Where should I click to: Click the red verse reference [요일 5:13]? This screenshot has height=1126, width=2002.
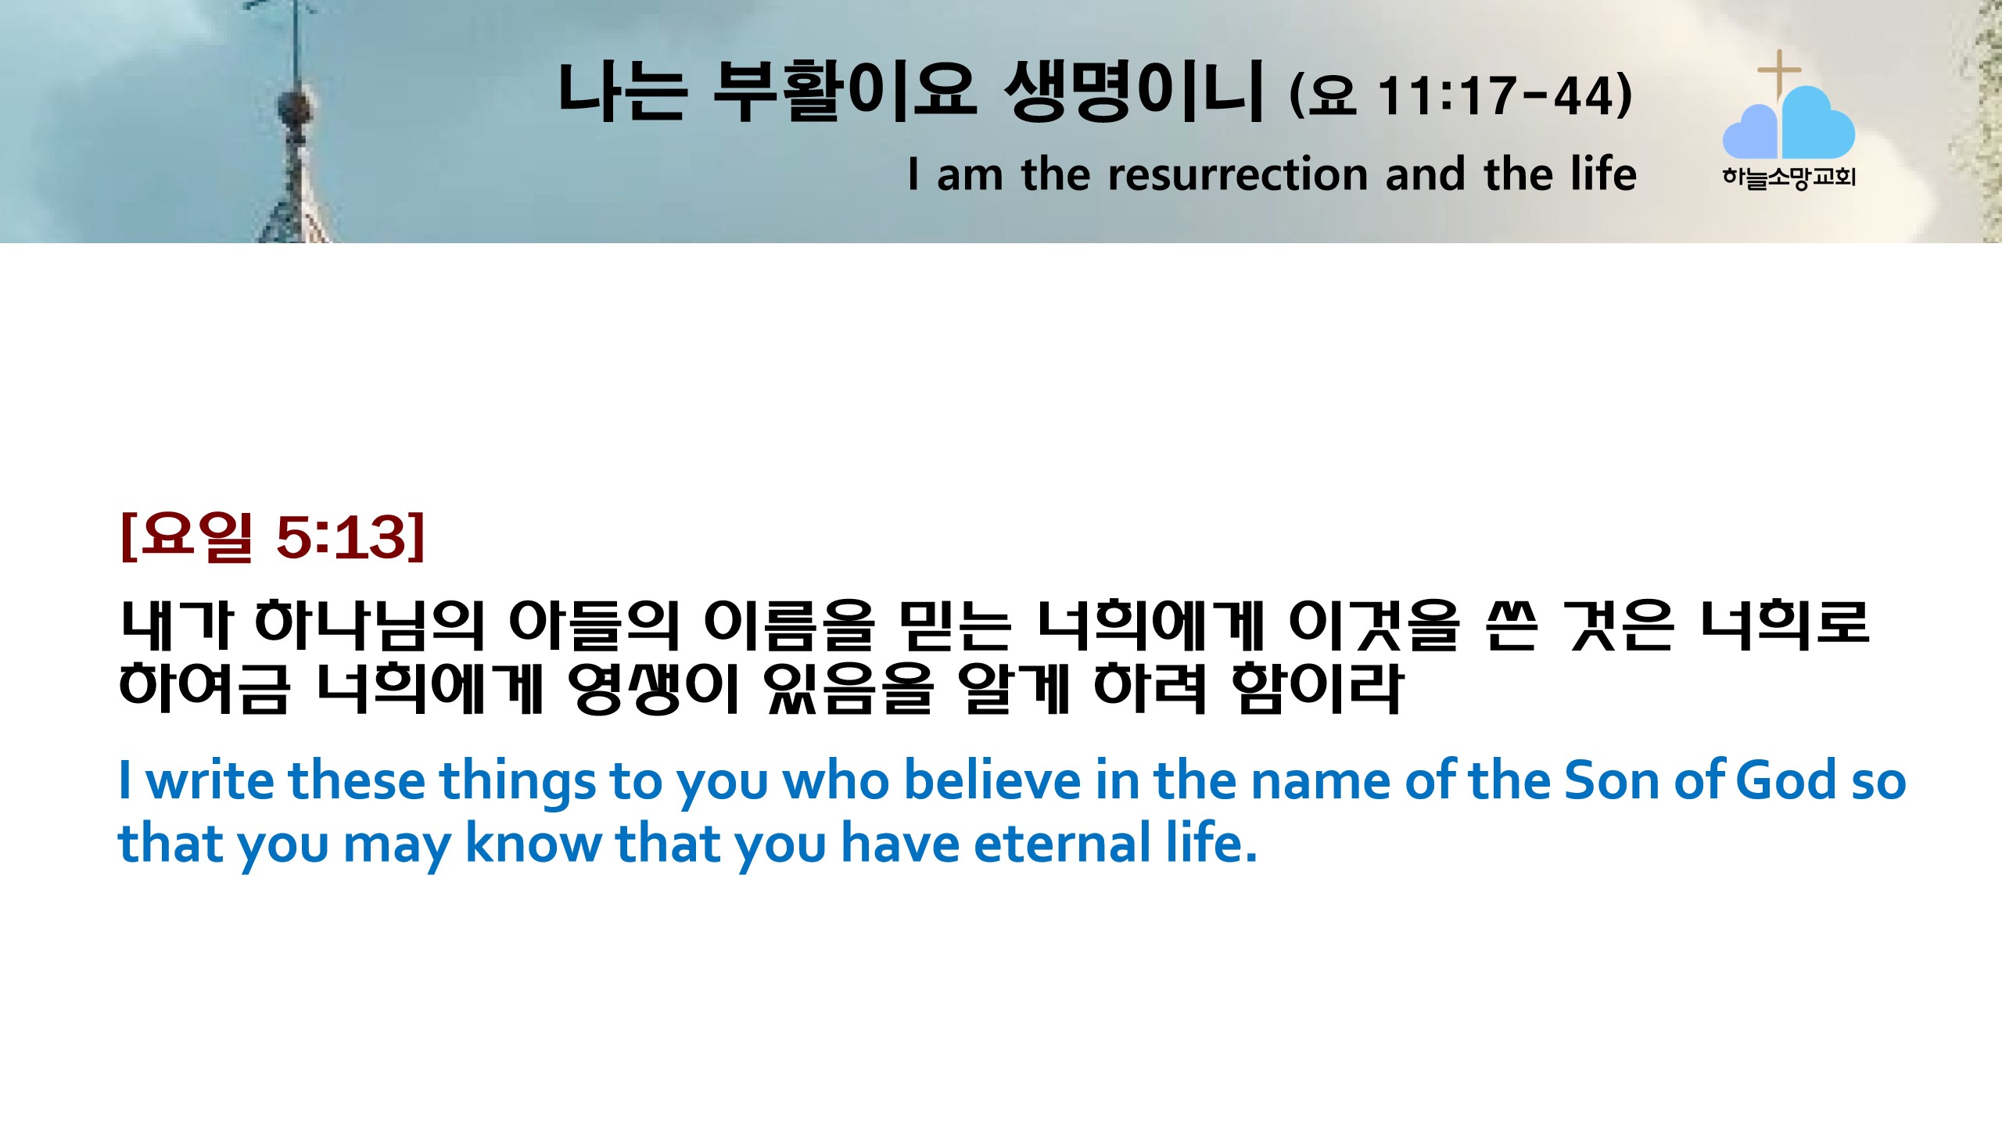click(273, 537)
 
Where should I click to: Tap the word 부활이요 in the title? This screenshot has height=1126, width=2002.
click(845, 91)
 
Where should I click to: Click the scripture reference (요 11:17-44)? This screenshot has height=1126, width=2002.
click(1461, 95)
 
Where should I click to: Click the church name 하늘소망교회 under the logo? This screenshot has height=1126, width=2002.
click(1789, 178)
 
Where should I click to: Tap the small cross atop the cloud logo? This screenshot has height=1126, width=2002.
click(1779, 73)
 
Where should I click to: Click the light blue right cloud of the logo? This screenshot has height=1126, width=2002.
click(1818, 124)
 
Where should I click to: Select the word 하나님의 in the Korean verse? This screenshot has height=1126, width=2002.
click(370, 626)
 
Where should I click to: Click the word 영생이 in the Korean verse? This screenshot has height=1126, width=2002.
click(653, 688)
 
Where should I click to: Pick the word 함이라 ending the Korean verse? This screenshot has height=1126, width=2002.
click(1317, 688)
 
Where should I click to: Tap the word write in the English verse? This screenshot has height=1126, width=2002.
click(210, 780)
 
